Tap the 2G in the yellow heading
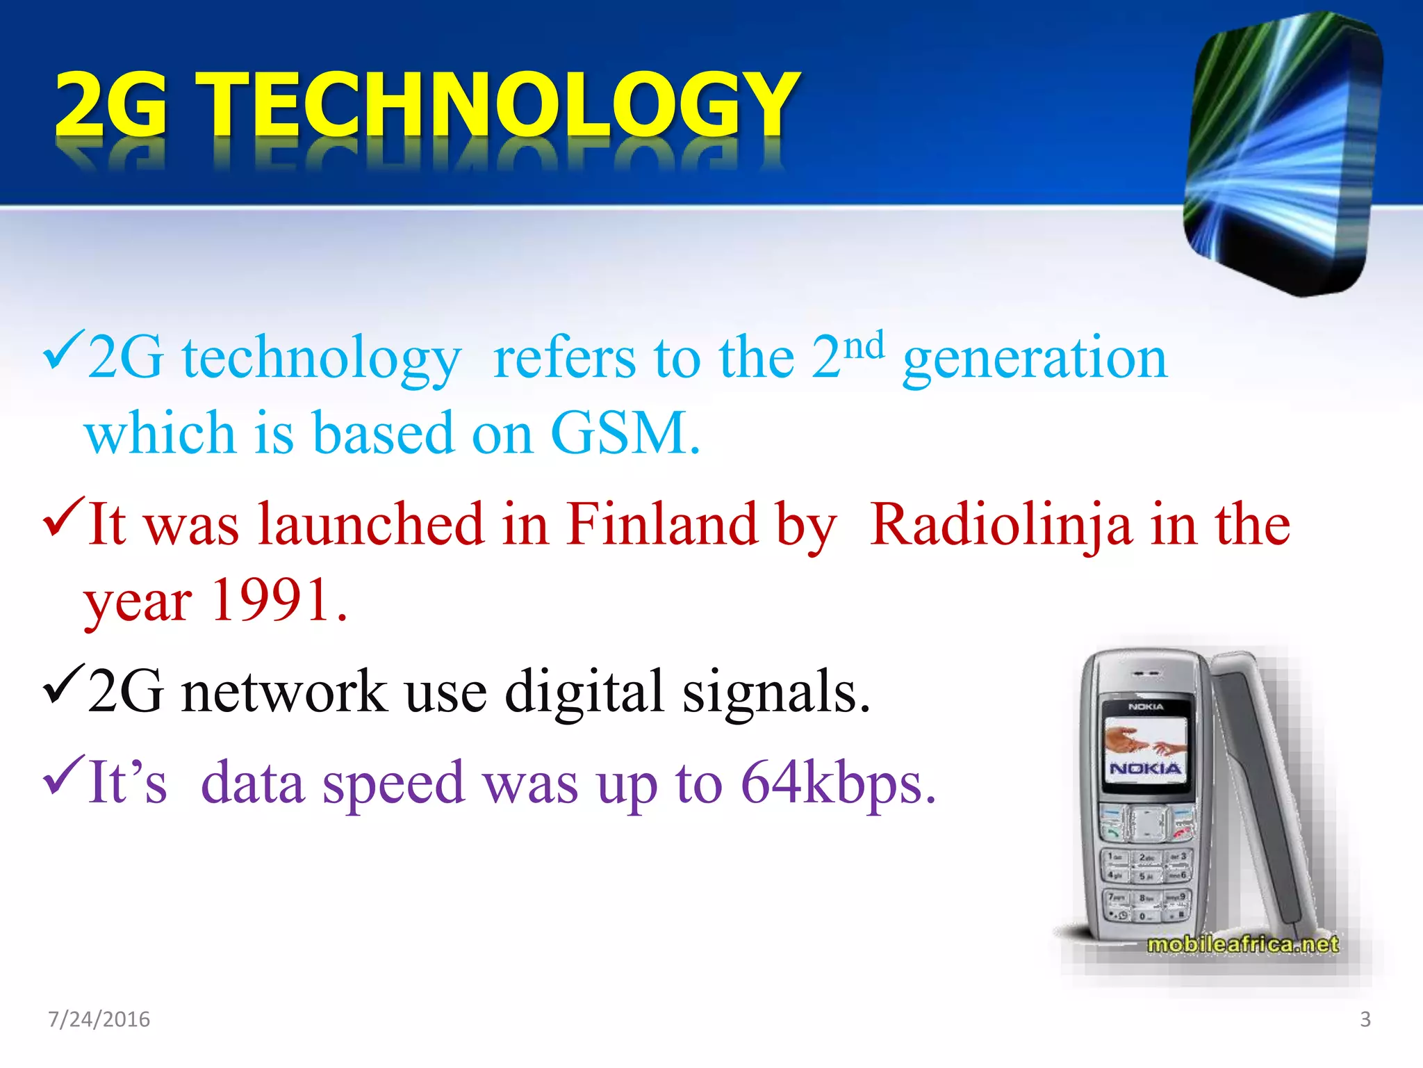[111, 104]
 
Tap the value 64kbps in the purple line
[837, 782]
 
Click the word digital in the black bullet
[584, 692]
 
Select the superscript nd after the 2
[864, 346]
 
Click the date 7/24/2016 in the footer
[99, 1019]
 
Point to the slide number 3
[1365, 1019]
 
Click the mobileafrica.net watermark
[1242, 944]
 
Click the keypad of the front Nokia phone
[1146, 883]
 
